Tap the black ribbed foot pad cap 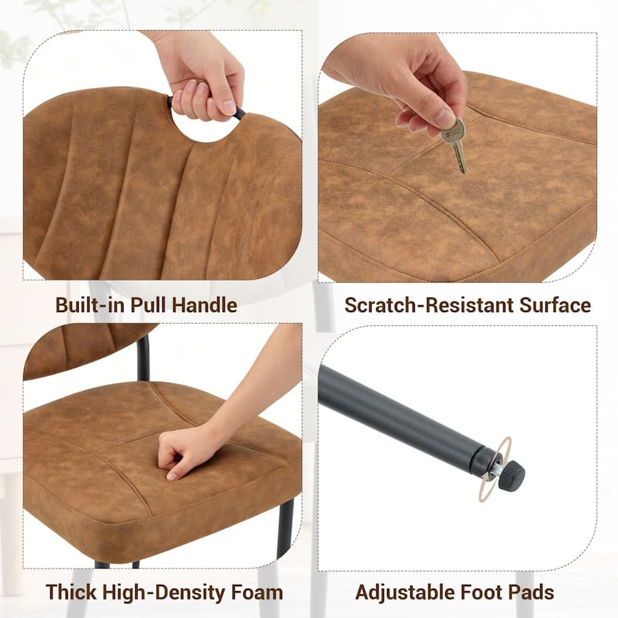(514, 476)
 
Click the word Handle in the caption (204, 304)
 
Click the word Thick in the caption (71, 592)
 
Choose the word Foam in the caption (257, 592)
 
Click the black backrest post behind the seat (143, 358)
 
